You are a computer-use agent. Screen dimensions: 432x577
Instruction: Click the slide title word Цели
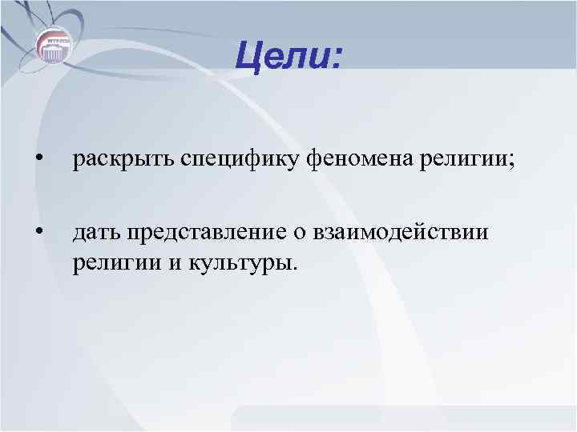287,57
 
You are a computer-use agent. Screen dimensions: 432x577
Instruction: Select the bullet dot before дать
38,233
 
